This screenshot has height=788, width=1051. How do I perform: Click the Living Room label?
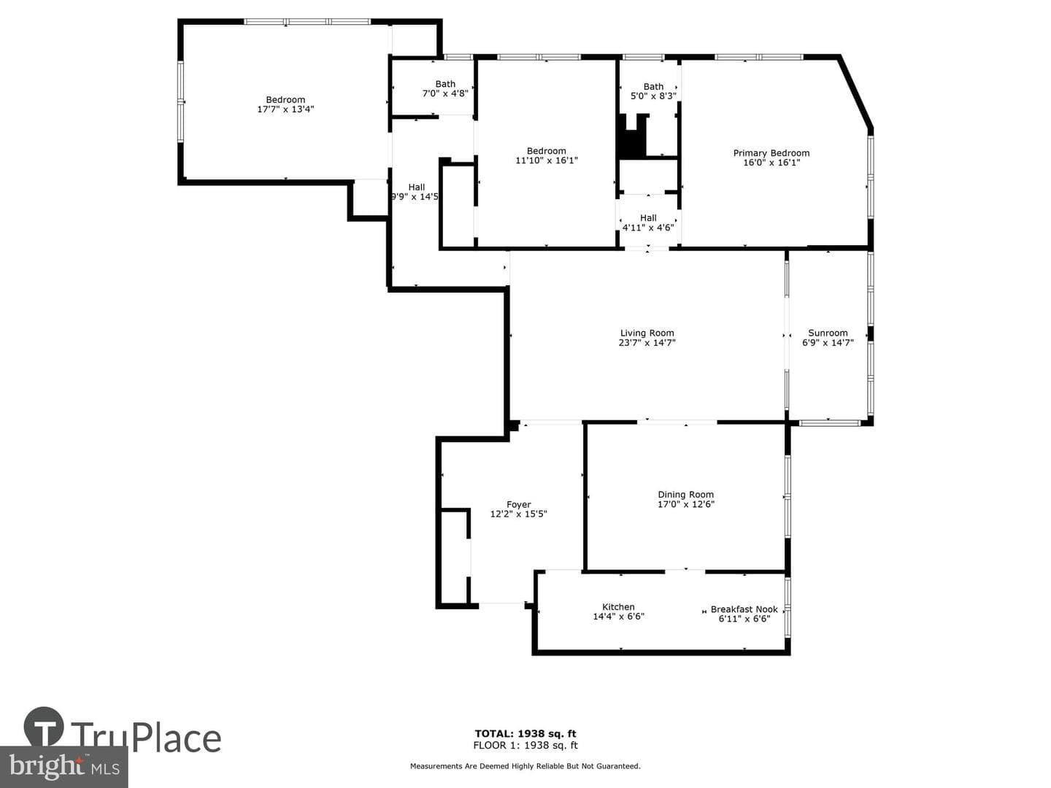647,333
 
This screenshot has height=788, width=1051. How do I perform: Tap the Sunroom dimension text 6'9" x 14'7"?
828,343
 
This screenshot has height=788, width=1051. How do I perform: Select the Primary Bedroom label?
771,153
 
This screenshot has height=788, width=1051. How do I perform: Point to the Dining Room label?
685,495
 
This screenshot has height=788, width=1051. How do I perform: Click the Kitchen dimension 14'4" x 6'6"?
619,617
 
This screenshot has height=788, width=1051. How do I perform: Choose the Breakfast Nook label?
744,609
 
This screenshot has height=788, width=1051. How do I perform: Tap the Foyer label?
518,505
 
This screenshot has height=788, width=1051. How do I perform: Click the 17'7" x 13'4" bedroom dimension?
286,109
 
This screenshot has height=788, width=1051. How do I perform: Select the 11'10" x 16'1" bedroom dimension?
547,161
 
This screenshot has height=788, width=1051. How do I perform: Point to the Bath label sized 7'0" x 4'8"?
445,84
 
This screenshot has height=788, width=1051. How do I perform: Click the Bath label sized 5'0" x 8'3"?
653,87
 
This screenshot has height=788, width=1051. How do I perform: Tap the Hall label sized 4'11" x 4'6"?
648,218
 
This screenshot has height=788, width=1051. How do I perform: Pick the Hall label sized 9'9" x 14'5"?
417,188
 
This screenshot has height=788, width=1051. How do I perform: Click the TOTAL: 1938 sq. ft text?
525,733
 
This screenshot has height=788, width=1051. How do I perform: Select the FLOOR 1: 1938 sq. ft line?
525,745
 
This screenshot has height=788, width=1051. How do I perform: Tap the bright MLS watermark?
64,767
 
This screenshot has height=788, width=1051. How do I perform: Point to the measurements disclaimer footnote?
525,766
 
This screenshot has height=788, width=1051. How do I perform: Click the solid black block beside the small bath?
631,137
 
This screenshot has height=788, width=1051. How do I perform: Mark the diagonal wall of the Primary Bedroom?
855,93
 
